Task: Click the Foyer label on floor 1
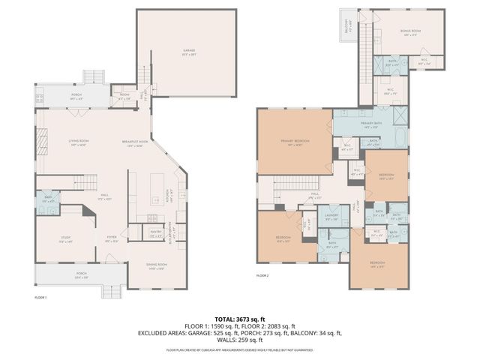pyautogui.click(x=112, y=239)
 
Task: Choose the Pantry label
pyautogui.click(x=156, y=232)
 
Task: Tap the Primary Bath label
pyautogui.click(x=371, y=124)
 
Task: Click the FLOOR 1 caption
pyautogui.click(x=40, y=298)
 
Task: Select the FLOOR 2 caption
pyautogui.click(x=262, y=276)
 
